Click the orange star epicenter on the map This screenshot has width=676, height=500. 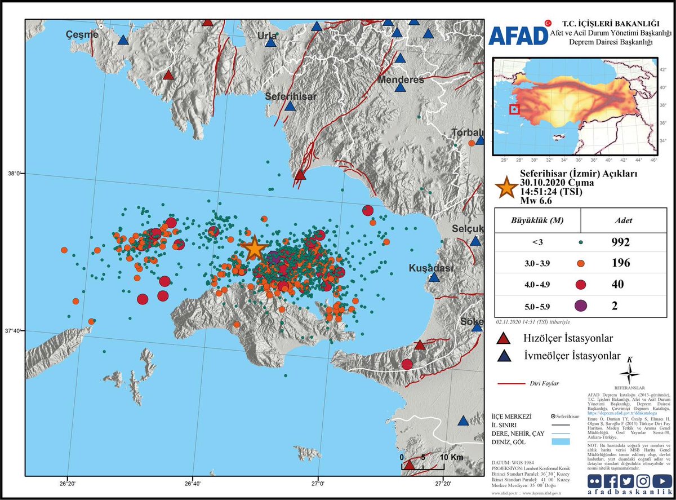pyautogui.click(x=254, y=247)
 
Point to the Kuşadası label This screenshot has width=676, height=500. pyautogui.click(x=431, y=268)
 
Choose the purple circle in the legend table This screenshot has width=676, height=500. pyautogui.click(x=580, y=305)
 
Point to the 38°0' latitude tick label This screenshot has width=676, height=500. pyautogui.click(x=13, y=174)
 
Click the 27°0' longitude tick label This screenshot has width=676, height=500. pyautogui.click(x=318, y=483)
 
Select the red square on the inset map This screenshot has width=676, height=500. pyautogui.click(x=514, y=109)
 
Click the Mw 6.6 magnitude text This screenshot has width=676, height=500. pyautogui.click(x=539, y=201)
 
